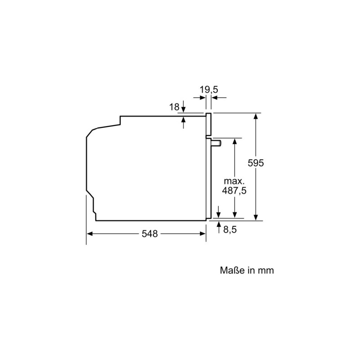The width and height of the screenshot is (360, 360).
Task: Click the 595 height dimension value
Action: click(x=255, y=163)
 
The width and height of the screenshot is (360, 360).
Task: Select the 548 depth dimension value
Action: click(x=149, y=234)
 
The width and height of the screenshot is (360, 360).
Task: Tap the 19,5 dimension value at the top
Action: click(x=209, y=90)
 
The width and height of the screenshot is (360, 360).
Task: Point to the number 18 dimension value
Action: click(x=174, y=107)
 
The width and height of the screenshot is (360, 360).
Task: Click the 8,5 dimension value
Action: click(x=229, y=229)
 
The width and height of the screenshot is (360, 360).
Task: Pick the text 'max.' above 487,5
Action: click(x=234, y=181)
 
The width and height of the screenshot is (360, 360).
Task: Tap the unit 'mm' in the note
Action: click(x=266, y=270)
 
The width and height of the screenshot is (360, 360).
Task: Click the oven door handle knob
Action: click(x=216, y=143)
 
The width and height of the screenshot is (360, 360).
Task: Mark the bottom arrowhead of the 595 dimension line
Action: click(x=256, y=217)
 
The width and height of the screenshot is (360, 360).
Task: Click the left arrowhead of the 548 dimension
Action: click(x=89, y=234)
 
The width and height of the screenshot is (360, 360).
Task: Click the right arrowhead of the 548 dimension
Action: click(x=203, y=234)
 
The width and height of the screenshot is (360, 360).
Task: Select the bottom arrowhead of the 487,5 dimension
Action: click(x=234, y=215)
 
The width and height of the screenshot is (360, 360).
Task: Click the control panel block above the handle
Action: click(x=209, y=124)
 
